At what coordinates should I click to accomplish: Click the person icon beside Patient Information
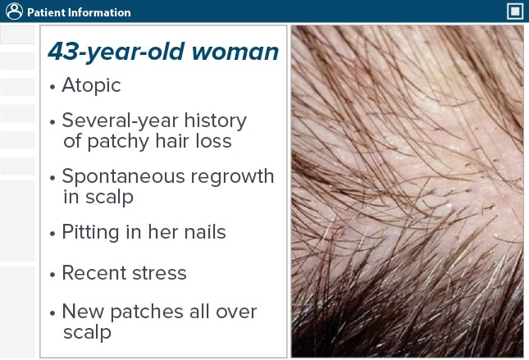pos(12,12)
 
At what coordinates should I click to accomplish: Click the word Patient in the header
pos(45,12)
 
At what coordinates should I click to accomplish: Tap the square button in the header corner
pos(515,11)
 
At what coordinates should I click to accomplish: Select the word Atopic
pos(90,84)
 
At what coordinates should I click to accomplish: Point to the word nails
pos(204,232)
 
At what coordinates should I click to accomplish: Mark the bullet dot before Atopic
pos(52,86)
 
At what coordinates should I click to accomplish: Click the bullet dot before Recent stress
pos(52,274)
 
